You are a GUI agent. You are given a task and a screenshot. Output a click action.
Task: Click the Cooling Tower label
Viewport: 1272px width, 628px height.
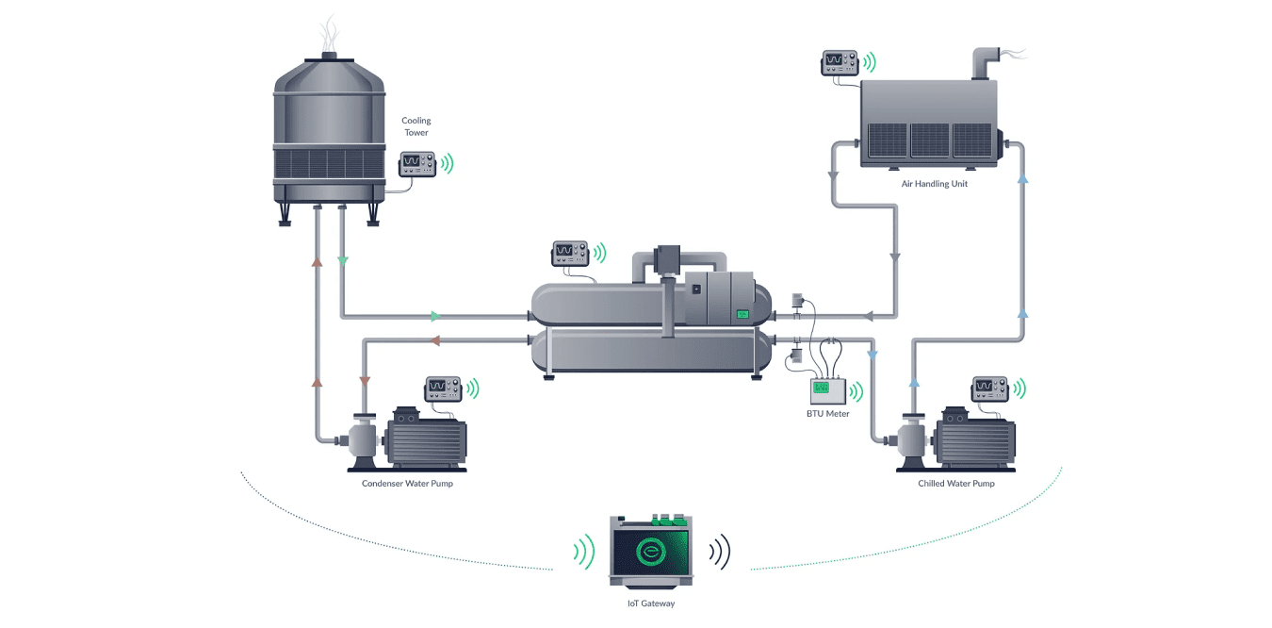[x=416, y=126]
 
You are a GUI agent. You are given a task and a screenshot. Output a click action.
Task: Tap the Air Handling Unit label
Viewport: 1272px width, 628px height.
[x=934, y=184]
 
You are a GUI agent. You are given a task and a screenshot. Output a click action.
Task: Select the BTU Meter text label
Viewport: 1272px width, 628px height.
[x=827, y=413]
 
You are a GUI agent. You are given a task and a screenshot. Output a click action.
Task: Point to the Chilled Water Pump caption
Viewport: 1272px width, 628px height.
[x=955, y=484]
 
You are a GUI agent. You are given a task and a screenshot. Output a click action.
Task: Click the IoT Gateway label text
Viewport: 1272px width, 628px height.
[x=651, y=603]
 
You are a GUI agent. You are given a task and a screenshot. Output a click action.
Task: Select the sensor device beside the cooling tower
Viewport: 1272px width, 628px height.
[x=416, y=164]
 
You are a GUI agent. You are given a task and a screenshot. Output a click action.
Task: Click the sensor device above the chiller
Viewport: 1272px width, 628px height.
[x=569, y=253]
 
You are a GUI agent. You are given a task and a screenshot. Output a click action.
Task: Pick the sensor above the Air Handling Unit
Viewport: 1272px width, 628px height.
[x=840, y=62]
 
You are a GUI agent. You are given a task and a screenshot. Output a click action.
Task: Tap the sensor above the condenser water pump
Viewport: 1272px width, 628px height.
[x=442, y=388]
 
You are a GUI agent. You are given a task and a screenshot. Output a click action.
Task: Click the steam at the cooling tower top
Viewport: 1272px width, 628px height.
[x=328, y=33]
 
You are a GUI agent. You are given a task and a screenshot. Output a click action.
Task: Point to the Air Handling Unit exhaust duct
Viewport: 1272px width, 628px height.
[x=986, y=63]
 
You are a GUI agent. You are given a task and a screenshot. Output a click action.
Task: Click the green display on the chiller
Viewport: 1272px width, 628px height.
[x=742, y=314]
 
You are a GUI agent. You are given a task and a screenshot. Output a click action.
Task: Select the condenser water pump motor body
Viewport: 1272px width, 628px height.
[x=424, y=438]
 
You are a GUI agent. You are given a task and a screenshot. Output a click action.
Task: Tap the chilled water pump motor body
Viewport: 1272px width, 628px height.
[x=974, y=438]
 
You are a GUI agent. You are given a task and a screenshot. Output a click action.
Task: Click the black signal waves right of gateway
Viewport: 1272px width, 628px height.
[x=720, y=553]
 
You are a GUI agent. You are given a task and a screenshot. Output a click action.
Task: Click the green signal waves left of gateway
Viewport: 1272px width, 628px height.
[x=584, y=553]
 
